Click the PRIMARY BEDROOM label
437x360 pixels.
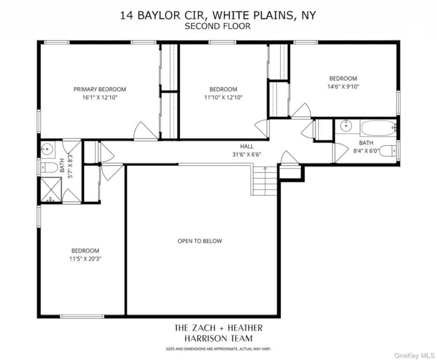(x=100, y=89)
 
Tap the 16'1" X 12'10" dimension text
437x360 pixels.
(x=100, y=97)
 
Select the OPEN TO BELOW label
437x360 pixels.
(x=200, y=241)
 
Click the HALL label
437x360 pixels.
(x=247, y=146)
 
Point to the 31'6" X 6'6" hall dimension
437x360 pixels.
(x=247, y=154)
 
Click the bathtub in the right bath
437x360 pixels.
(x=378, y=127)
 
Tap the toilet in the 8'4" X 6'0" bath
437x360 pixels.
(x=387, y=151)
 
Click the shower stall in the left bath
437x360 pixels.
(x=51, y=192)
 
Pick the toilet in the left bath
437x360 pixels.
(x=48, y=167)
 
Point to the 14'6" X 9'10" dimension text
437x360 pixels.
(x=343, y=87)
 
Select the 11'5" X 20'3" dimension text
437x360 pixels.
(x=85, y=258)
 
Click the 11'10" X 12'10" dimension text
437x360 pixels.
(x=223, y=97)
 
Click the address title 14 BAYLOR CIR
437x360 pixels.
(x=218, y=15)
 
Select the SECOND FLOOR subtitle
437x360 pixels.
(x=218, y=26)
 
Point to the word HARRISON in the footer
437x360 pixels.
(x=218, y=338)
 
